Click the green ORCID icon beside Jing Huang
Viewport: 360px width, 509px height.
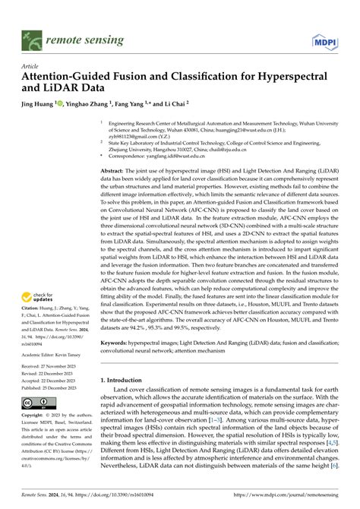[x=69, y=102]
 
